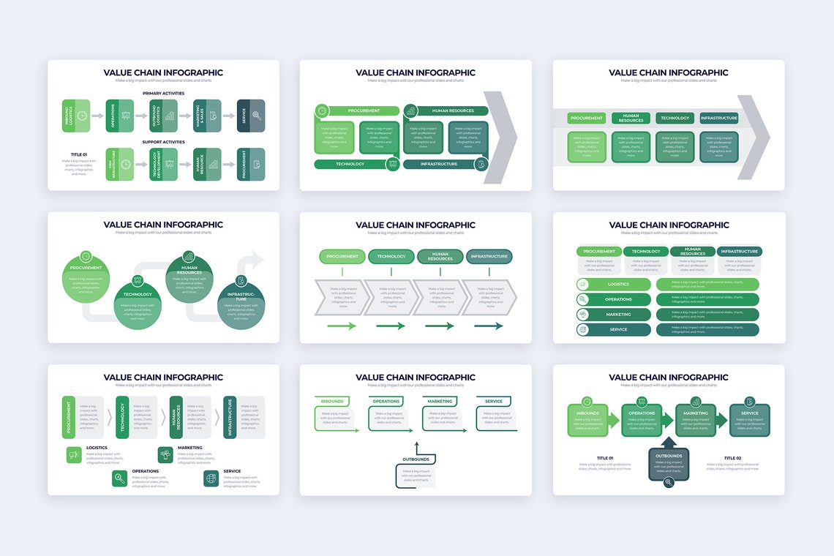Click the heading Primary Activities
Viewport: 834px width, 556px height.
point(163,94)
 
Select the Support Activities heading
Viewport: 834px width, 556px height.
point(163,142)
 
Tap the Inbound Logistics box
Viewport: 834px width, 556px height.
point(75,116)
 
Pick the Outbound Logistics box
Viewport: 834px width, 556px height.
point(163,116)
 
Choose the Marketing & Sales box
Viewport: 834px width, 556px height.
point(207,116)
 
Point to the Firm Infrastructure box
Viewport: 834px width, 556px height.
point(119,164)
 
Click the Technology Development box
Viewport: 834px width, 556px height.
point(163,164)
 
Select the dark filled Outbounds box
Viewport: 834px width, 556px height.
point(669,464)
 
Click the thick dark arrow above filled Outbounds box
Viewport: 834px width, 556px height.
point(669,443)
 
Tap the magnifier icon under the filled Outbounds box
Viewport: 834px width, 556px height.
point(669,482)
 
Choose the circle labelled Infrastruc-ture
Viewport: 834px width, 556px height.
point(241,306)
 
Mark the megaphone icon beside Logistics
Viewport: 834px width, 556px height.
point(74,455)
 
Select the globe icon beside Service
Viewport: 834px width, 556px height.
point(211,478)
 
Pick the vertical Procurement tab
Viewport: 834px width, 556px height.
point(69,417)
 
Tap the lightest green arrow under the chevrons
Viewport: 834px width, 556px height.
point(342,326)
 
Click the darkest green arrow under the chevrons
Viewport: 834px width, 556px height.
point(489,326)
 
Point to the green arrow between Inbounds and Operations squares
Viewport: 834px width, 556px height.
point(614,420)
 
